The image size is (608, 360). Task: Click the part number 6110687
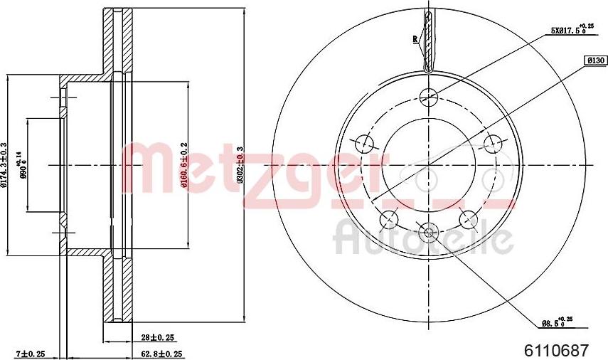556,350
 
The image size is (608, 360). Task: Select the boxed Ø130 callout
594,61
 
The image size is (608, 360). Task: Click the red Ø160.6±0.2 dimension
183,165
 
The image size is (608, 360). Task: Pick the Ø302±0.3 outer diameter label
240,165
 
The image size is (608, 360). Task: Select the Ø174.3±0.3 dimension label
4,165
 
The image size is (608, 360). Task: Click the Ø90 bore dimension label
24,165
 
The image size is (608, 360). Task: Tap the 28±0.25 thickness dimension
157,337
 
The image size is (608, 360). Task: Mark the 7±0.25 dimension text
31,353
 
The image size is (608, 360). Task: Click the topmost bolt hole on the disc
428,95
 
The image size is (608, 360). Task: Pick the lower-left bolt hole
389,218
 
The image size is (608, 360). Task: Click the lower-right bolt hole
467,218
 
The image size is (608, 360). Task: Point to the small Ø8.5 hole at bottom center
428,230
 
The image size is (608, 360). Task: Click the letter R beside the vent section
415,39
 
